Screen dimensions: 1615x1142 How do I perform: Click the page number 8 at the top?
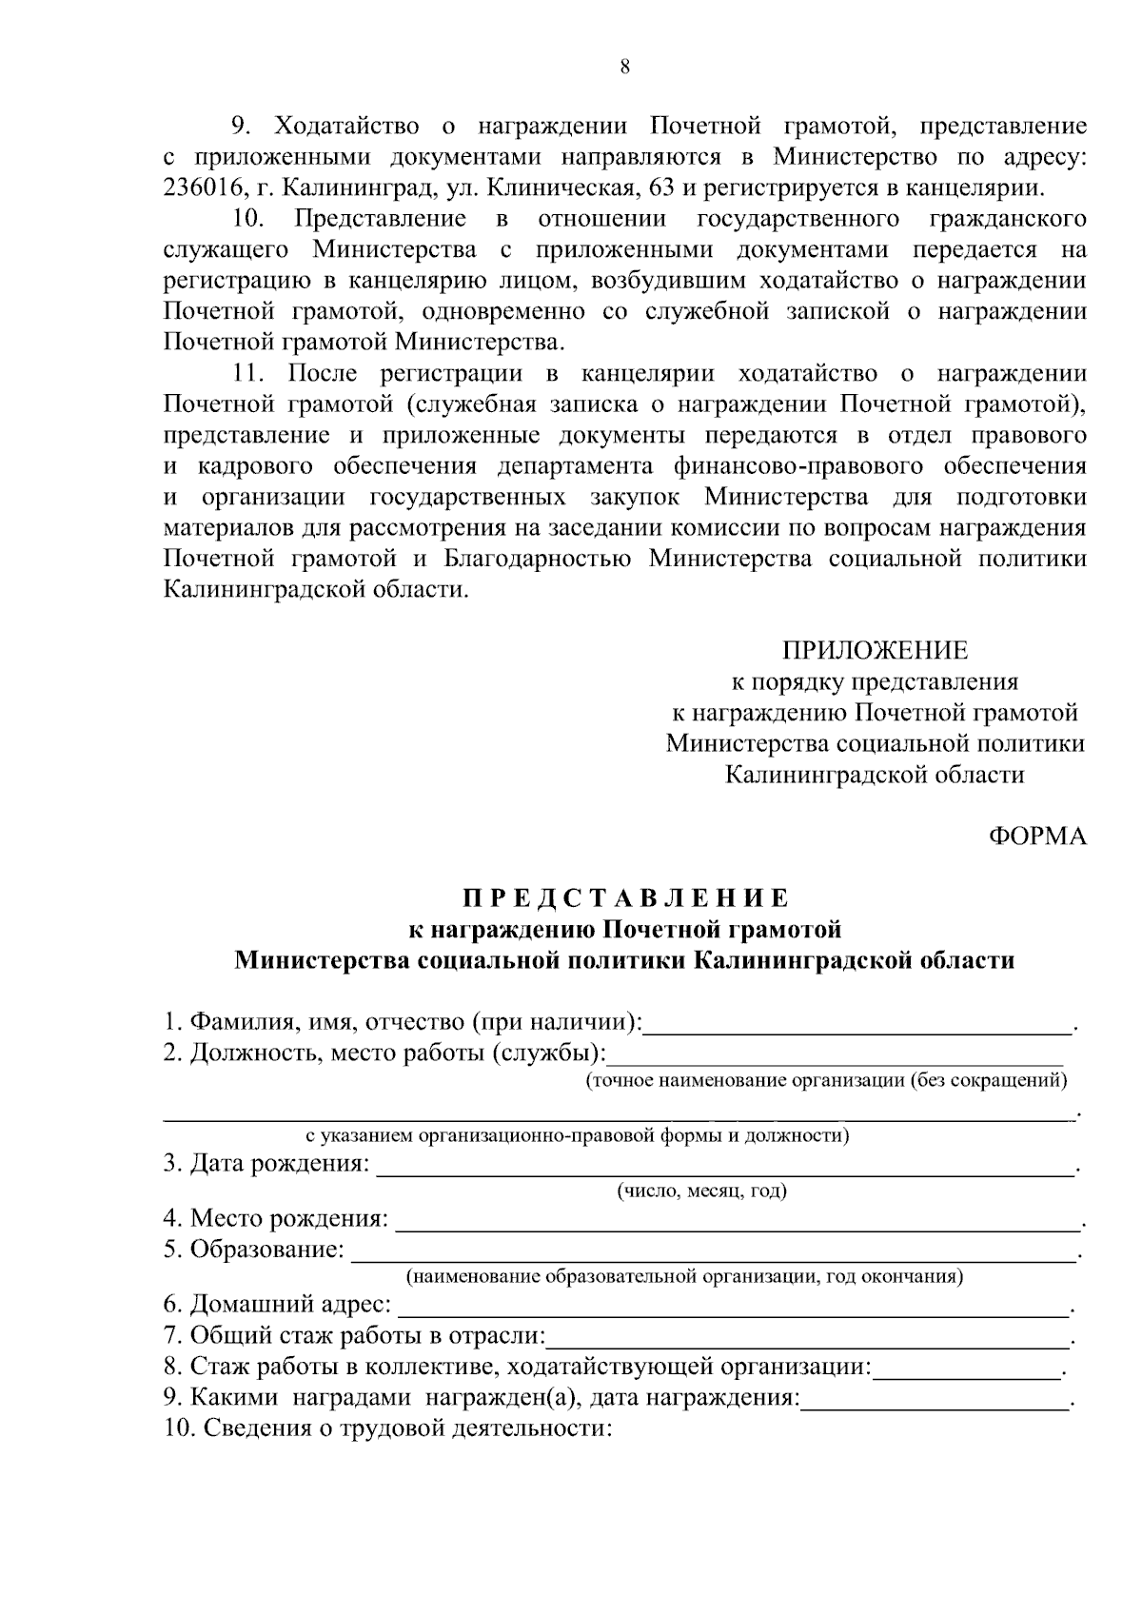click(624, 67)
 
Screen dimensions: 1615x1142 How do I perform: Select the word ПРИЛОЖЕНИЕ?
click(875, 650)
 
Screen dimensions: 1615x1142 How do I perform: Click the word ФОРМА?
click(1037, 836)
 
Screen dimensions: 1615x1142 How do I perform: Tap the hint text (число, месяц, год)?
click(701, 1191)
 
